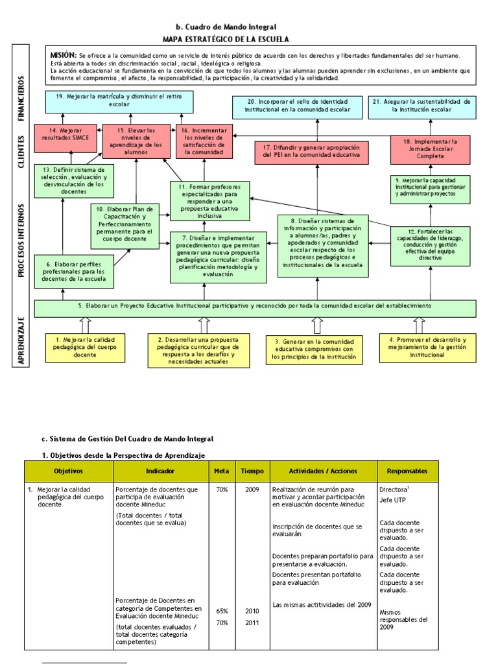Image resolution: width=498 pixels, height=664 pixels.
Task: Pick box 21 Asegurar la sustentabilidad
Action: coord(421,106)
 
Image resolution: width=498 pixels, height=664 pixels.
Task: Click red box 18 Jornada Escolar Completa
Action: coord(430,149)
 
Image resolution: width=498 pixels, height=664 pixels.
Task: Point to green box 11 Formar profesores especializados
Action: coord(209,201)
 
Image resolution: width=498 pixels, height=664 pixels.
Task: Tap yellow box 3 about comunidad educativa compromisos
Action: coord(313,350)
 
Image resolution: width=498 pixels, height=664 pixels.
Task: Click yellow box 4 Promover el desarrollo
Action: coord(427,348)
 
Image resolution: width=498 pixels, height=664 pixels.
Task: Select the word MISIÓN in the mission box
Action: coord(64,56)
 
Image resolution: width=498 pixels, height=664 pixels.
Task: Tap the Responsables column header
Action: coord(407,471)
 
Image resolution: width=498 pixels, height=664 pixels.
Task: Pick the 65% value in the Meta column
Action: coord(222,611)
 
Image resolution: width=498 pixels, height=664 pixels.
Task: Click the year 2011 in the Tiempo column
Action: coord(252,622)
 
